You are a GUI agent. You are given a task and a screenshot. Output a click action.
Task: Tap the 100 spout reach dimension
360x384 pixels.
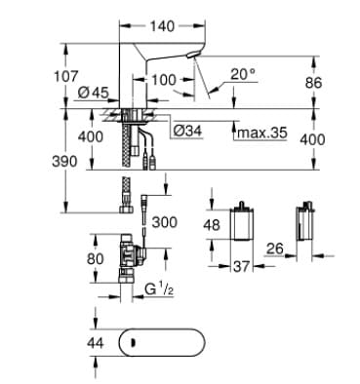click(x=165, y=78)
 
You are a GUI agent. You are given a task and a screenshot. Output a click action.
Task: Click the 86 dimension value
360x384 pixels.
click(x=312, y=84)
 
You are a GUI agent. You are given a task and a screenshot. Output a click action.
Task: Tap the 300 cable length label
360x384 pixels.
click(x=164, y=223)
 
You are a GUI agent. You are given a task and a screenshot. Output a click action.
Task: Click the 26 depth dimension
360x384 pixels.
click(x=275, y=250)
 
